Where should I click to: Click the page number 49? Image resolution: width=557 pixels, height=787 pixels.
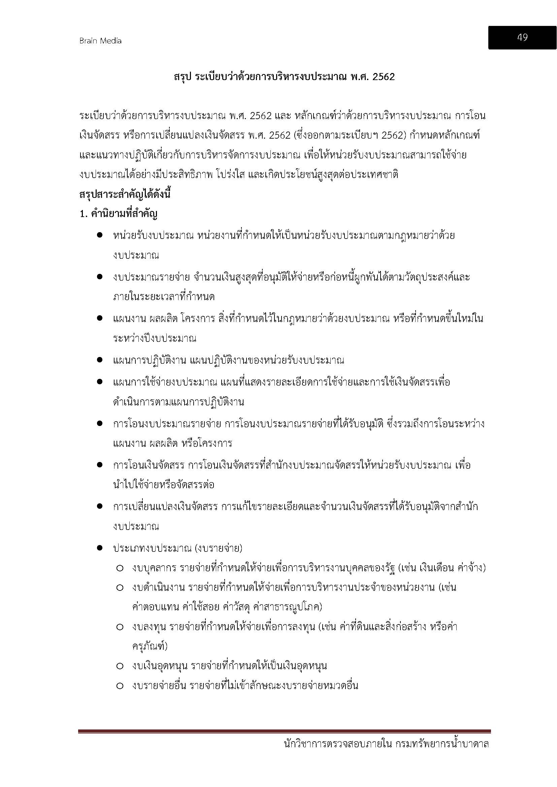[522, 37]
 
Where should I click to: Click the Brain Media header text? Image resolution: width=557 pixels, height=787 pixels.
[100, 41]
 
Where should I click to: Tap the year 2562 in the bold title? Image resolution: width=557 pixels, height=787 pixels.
[383, 77]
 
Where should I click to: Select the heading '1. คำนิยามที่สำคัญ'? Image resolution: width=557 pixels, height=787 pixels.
[118, 214]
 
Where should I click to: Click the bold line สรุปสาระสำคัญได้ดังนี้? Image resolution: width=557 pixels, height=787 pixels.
[125, 194]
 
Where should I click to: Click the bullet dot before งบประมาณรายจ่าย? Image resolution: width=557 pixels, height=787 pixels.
[100, 276]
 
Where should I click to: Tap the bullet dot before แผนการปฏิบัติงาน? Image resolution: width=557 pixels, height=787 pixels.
[100, 360]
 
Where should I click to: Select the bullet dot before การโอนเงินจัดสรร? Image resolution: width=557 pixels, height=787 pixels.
[100, 465]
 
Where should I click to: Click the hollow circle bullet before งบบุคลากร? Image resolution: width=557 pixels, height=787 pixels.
[120, 568]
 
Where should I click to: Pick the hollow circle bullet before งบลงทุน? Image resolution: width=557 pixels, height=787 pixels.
[120, 627]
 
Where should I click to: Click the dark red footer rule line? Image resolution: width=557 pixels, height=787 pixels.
[284, 731]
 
